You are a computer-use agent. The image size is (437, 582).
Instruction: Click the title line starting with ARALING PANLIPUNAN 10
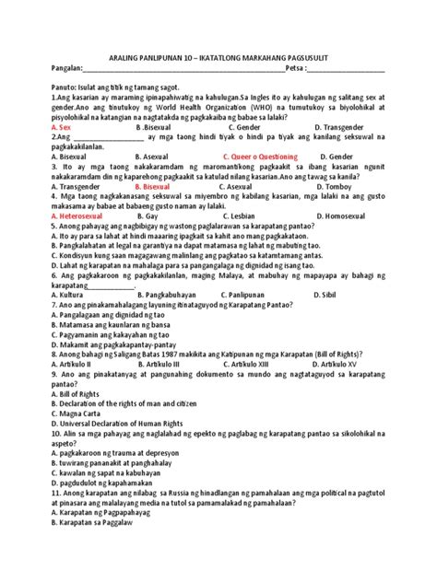[218, 56]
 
